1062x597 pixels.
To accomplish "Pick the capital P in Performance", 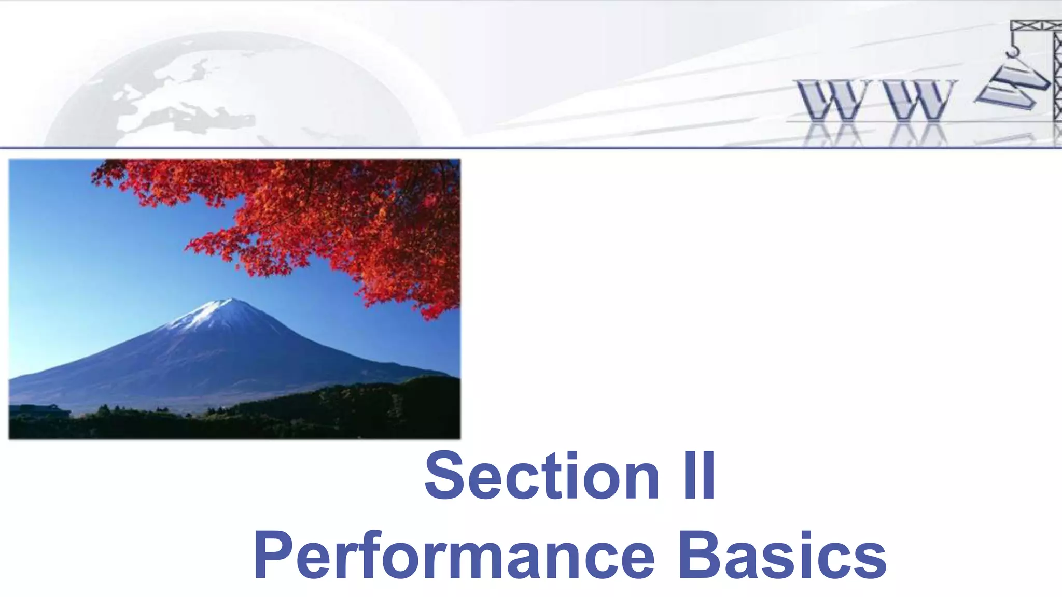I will [273, 555].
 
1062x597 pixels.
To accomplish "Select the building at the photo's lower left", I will [41, 410].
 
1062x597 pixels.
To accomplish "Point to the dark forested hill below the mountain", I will [337, 409].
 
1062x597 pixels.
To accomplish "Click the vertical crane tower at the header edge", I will [1056, 78].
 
